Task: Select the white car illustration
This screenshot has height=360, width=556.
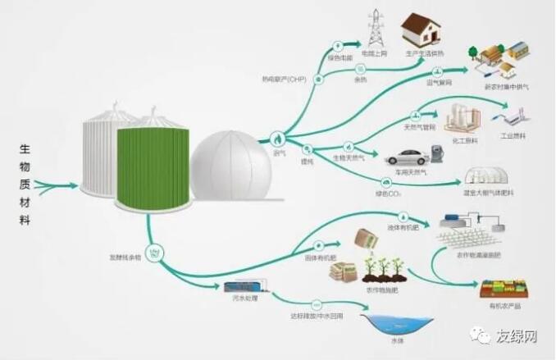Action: click(409, 155)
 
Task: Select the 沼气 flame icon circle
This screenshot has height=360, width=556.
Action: click(279, 138)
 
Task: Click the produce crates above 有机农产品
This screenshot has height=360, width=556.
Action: click(504, 286)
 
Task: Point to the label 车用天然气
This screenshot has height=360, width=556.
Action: click(410, 172)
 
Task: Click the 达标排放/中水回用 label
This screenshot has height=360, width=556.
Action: click(315, 316)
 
